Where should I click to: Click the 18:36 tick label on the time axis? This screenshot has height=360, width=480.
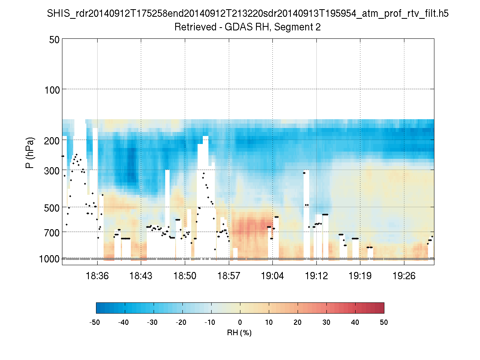[97, 276]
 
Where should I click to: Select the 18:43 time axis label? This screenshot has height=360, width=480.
[141, 276]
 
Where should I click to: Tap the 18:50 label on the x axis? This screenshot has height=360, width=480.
[185, 276]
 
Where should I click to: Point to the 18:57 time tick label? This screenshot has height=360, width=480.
[229, 276]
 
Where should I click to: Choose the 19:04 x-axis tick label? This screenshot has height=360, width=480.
[273, 276]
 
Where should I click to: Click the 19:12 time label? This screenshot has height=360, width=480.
[316, 276]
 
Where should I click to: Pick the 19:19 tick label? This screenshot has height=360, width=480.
[360, 276]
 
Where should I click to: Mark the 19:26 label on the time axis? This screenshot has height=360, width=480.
[404, 276]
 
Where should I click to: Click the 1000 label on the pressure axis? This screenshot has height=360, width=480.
[49, 259]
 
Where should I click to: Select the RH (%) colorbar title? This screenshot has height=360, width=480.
[239, 333]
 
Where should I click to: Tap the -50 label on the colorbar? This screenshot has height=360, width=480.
[95, 322]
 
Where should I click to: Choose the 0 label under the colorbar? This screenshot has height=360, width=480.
[240, 322]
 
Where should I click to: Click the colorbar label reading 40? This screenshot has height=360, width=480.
[355, 322]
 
